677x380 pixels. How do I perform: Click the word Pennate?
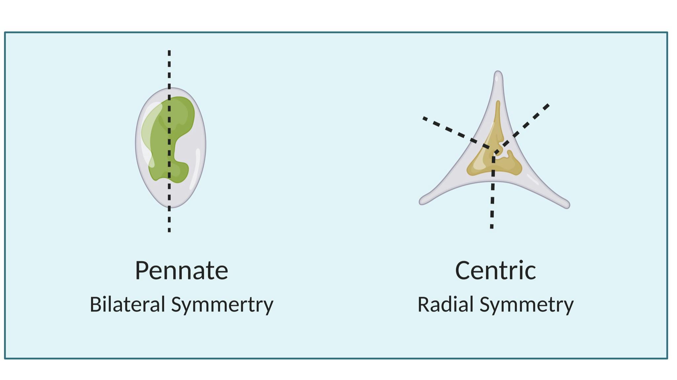click(x=181, y=271)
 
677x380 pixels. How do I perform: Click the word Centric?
click(x=495, y=271)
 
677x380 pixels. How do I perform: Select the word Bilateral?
click(x=127, y=305)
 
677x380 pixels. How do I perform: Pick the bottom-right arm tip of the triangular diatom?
click(x=567, y=205)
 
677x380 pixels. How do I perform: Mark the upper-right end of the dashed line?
click(x=548, y=105)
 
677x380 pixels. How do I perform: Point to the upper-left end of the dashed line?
click(x=424, y=118)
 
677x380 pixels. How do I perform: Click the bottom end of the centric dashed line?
click(x=492, y=227)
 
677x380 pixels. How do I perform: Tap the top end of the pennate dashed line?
click(x=169, y=52)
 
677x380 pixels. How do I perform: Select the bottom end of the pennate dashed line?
click(x=169, y=230)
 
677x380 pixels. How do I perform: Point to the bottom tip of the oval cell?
click(x=171, y=207)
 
